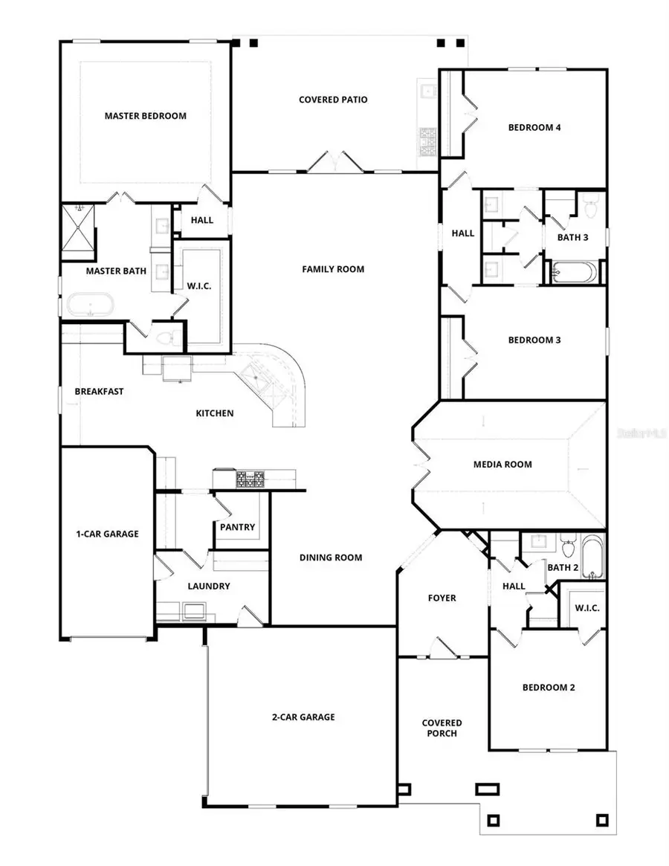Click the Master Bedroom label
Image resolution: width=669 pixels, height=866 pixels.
(145, 116)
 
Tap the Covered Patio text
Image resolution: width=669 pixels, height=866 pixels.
(333, 100)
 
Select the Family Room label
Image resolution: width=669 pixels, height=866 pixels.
(333, 269)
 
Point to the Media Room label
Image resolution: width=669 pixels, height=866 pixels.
(502, 465)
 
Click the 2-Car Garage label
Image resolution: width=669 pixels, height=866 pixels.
(303, 717)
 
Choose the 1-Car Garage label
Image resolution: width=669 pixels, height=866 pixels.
(107, 534)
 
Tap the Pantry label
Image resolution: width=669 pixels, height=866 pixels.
(237, 527)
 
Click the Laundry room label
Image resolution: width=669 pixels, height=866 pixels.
(209, 586)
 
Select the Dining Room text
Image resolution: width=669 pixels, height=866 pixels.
(331, 558)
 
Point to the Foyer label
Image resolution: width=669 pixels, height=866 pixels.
(442, 598)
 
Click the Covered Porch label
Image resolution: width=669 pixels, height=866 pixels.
(442, 728)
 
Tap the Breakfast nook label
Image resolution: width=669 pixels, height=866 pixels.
(99, 392)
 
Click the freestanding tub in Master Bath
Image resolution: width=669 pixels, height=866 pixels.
(91, 305)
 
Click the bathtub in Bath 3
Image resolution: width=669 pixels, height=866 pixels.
(573, 273)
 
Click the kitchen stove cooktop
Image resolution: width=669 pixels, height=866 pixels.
(251, 479)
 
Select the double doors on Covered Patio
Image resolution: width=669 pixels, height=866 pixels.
(334, 162)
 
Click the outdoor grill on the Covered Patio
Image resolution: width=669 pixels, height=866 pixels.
(429, 141)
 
